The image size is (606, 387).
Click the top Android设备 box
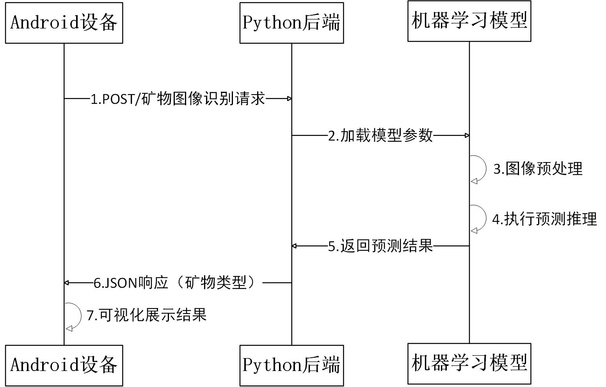[64, 23]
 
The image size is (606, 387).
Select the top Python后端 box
[291, 23]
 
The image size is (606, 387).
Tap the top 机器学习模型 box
[469, 21]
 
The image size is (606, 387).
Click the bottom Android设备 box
[64, 365]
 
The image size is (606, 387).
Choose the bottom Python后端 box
[291, 365]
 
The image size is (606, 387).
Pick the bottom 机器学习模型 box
[469, 363]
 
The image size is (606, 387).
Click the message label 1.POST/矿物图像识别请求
[178, 99]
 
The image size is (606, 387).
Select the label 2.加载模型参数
[380, 136]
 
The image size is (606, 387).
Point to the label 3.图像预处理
[538, 169]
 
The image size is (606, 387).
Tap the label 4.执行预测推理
[544, 219]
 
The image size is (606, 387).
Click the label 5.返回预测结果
[380, 246]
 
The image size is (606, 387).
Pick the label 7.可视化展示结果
[146, 315]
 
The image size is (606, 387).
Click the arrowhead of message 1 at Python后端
[289, 99]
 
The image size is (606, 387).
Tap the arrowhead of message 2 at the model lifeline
[467, 136]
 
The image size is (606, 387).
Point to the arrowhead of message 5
[294, 246]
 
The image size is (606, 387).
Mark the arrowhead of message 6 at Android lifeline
[67, 282]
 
